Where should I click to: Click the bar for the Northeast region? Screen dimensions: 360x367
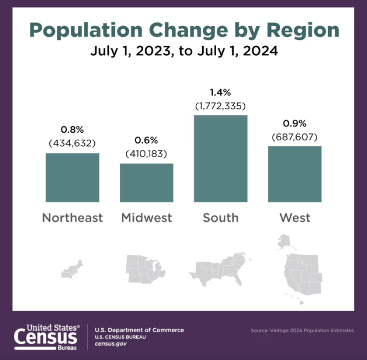click(x=72, y=178)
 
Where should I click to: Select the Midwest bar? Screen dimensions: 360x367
click(x=146, y=183)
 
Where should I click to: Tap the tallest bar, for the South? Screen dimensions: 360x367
click(x=221, y=159)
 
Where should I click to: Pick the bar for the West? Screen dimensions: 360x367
click(x=294, y=174)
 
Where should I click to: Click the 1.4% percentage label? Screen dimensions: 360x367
click(x=221, y=93)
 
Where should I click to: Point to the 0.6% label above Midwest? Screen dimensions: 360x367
click(x=146, y=141)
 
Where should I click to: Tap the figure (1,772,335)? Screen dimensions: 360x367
click(x=221, y=106)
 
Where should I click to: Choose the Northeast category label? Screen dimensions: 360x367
click(x=73, y=217)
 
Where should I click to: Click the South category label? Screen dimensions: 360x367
click(x=221, y=217)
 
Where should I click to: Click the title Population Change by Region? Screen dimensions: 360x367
click(x=184, y=30)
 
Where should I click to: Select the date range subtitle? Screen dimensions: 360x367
click(x=184, y=51)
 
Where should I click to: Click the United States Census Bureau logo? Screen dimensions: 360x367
click(x=47, y=337)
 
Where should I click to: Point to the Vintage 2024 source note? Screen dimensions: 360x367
click(x=302, y=330)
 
